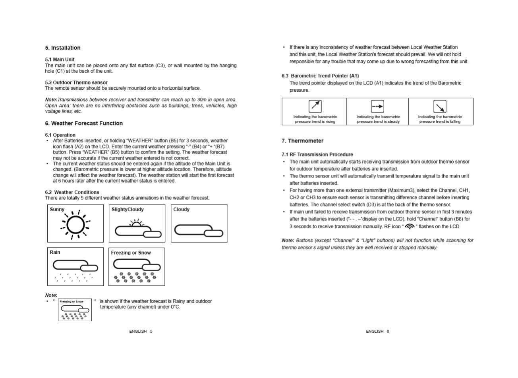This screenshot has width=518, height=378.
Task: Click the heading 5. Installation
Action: [63, 48]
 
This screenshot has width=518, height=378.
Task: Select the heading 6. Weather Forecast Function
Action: [84, 123]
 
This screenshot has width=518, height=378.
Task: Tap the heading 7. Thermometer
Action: [302, 141]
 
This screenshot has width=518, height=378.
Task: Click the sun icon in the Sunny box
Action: [75, 225]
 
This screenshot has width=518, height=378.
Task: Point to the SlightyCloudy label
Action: [128, 210]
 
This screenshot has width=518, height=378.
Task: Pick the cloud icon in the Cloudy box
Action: [198, 230]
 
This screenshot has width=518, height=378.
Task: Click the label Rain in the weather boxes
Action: [55, 253]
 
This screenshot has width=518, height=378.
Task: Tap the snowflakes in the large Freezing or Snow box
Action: [135, 277]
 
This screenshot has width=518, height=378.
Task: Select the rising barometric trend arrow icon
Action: [315, 106]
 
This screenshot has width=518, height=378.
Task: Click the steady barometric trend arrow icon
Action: [377, 106]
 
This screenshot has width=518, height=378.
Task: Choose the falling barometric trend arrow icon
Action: [440, 106]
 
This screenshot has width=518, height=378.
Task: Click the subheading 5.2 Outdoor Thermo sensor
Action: [76, 83]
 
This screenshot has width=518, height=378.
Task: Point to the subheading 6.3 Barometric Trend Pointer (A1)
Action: [320, 76]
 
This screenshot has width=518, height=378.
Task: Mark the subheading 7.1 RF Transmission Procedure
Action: [317, 154]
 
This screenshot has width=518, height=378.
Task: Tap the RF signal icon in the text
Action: [410, 226]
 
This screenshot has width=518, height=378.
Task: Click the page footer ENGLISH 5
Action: [141, 331]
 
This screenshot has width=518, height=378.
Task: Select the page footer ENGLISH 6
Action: [377, 331]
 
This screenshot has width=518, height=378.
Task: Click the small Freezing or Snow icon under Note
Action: [75, 310]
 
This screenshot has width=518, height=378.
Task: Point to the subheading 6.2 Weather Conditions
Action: [72, 192]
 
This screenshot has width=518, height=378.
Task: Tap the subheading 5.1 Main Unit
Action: [60, 60]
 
